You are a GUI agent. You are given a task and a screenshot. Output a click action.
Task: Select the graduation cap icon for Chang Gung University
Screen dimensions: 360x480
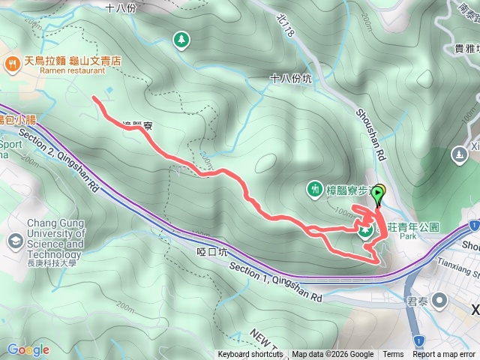pos(15,241)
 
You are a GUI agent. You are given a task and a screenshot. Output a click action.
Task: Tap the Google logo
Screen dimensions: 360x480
pos(28,349)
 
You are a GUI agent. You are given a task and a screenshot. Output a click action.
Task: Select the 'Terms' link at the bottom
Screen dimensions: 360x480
pos(393,355)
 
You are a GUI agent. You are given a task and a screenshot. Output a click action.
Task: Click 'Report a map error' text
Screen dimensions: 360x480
pos(444,355)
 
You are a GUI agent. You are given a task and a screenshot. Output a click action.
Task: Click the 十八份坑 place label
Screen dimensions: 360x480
pos(291,77)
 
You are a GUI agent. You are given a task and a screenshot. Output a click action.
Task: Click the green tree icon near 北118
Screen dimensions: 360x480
pos(181,40)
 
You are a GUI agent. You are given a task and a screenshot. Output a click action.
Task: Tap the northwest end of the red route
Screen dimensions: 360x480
pos(93,98)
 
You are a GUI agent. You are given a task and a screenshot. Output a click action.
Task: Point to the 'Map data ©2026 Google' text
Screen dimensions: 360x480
pos(332,355)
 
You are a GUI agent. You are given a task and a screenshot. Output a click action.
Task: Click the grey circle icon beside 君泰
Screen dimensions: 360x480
pos(440,302)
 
